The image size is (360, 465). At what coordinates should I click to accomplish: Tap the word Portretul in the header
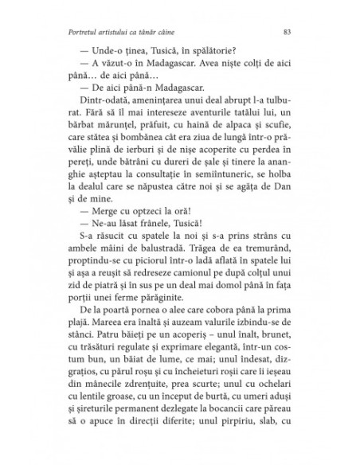pos(85,32)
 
